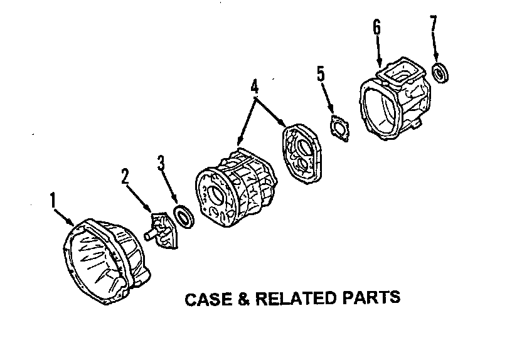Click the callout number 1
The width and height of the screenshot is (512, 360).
pos(53,201)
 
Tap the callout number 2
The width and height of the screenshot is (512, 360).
pos(126,176)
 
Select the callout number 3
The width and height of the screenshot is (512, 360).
pos(161,164)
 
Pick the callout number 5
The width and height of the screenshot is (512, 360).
pos(321,75)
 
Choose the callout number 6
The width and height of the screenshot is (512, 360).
pos(376,27)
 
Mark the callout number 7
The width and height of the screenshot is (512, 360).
pos(433,26)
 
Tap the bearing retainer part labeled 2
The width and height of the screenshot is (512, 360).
pos(164,231)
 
